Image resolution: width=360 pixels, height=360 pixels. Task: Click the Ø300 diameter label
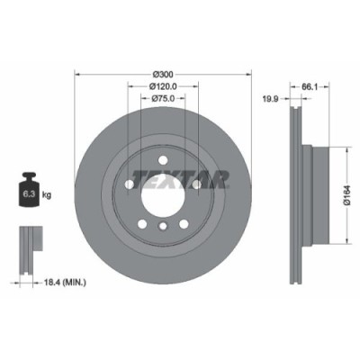[x=163, y=72]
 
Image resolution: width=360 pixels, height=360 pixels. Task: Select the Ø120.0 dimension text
[x=163, y=85]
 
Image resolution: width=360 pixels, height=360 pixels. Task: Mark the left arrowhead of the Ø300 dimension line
[x=77, y=78]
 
